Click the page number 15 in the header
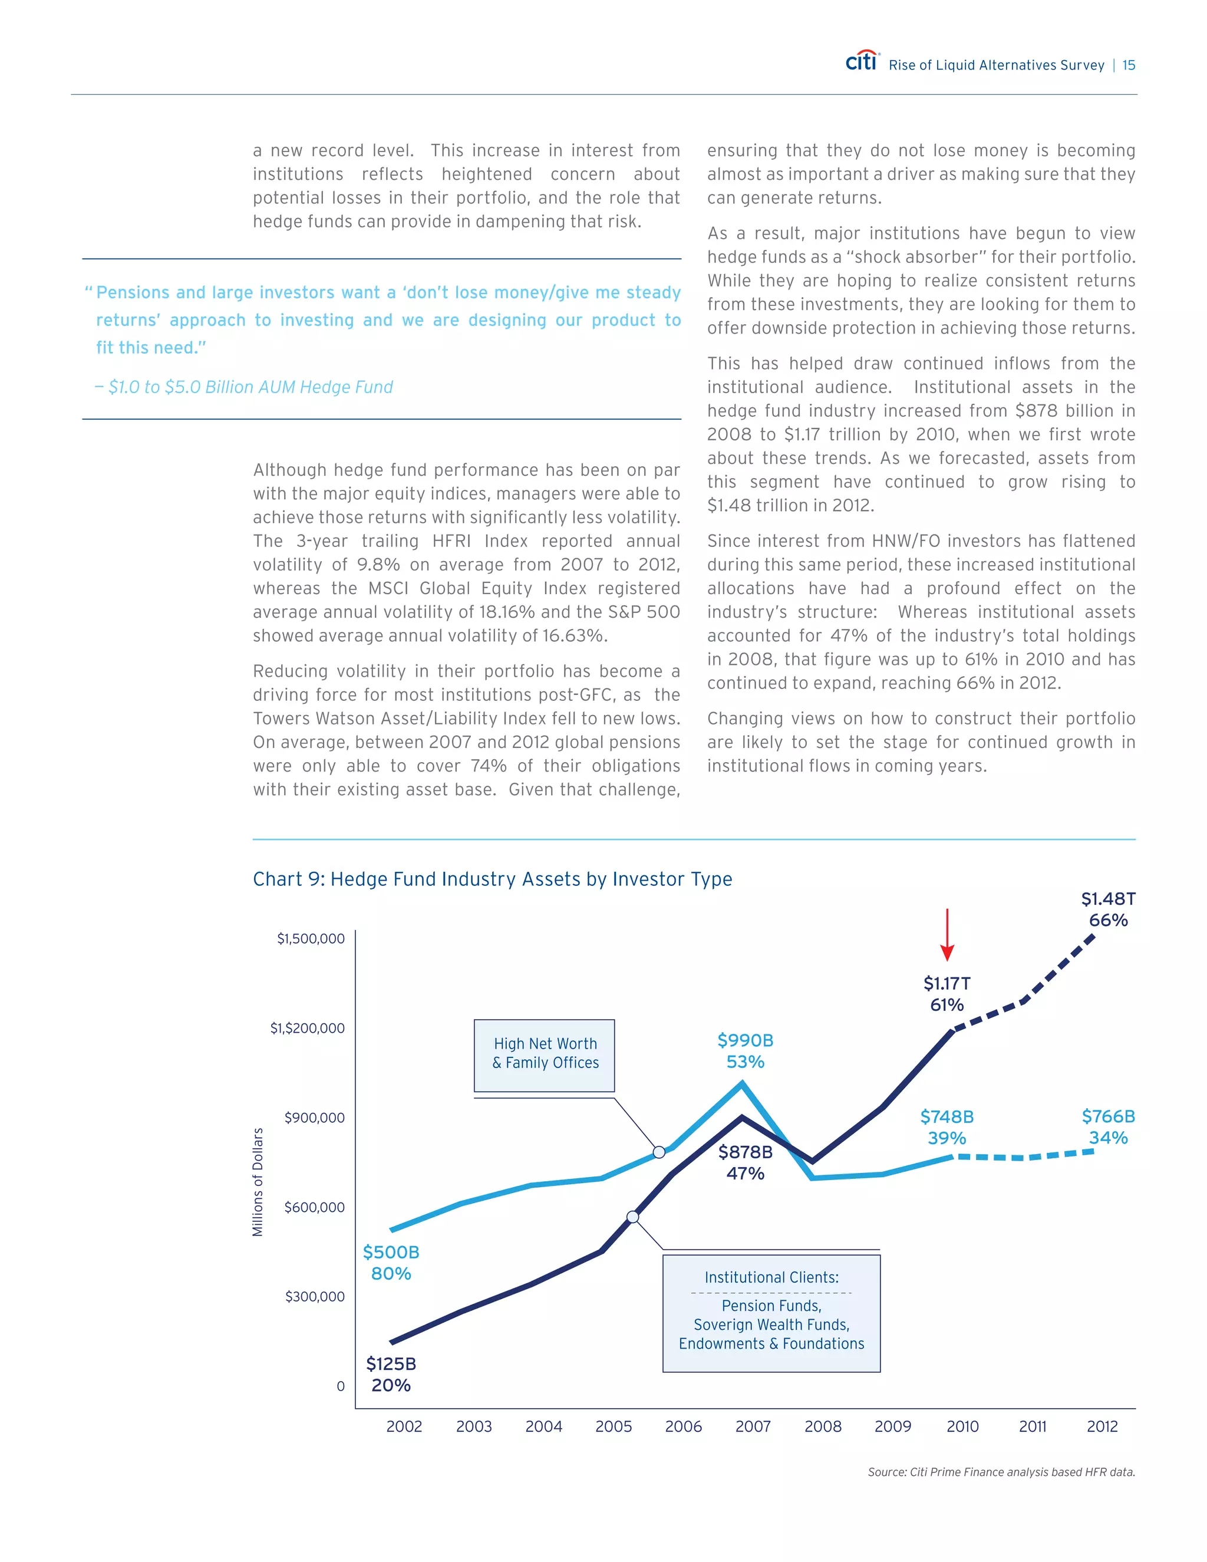pyautogui.click(x=1129, y=65)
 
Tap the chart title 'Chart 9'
pyautogui.click(x=492, y=879)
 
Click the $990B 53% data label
pyautogui.click(x=745, y=1050)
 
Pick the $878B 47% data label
pyautogui.click(x=745, y=1162)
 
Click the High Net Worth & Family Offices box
pyautogui.click(x=544, y=1055)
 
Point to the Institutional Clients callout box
pyautogui.click(x=771, y=1313)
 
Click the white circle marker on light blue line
pyautogui.click(x=658, y=1152)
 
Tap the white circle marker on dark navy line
pyautogui.click(x=633, y=1217)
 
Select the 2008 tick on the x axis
pyautogui.click(x=822, y=1426)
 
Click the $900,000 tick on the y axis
pyautogui.click(x=314, y=1117)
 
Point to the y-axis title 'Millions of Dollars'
pyautogui.click(x=258, y=1181)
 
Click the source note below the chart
pyautogui.click(x=1001, y=1472)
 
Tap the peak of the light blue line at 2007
pyautogui.click(x=742, y=1083)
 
